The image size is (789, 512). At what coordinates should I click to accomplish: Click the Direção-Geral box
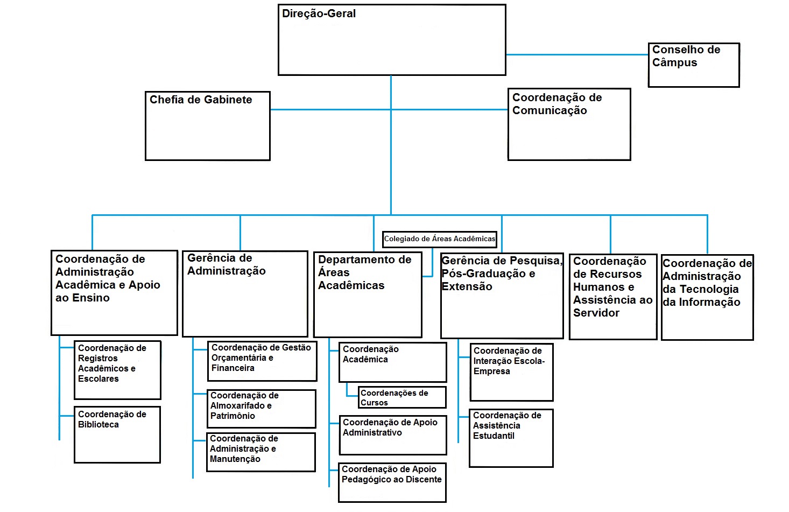pos(392,40)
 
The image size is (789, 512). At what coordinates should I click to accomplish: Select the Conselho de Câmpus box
pos(694,65)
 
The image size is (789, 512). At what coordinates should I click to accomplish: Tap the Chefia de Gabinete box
pos(207,126)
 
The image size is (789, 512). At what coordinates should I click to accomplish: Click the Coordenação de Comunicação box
pos(569,124)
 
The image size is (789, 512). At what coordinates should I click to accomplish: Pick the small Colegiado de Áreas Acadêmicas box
pos(440,239)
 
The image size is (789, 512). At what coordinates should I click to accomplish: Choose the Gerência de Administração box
pos(245,294)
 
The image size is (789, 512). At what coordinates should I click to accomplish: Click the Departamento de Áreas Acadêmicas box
pos(368,294)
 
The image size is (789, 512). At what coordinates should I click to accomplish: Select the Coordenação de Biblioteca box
pos(117,434)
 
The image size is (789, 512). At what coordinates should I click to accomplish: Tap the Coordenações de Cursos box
pos(402,397)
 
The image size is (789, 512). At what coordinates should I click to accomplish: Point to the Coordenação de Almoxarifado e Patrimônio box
pos(261,409)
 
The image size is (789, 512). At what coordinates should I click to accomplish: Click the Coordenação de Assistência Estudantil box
pos(511,438)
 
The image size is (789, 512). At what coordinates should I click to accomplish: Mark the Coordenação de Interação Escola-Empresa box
pos(511,372)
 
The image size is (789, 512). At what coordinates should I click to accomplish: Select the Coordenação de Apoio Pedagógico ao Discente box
pos(392,482)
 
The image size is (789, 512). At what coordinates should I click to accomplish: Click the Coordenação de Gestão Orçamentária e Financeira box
pos(262,361)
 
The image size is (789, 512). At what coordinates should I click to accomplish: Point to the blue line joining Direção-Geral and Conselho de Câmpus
pos(577,54)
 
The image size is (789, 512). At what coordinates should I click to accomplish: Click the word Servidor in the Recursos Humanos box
pos(596,313)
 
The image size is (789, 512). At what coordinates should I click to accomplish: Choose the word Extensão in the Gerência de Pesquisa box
pos(467,286)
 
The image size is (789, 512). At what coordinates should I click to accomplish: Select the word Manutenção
pos(235,459)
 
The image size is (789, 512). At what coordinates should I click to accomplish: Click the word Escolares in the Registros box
pos(98,379)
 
